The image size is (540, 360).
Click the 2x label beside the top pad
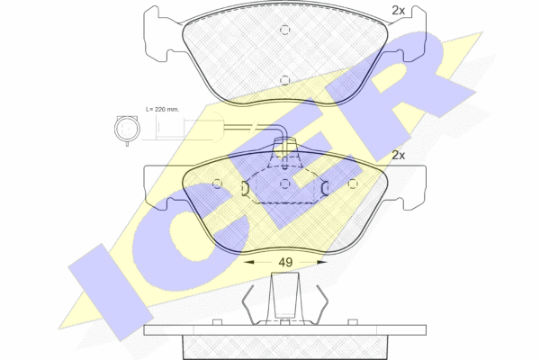click(398, 11)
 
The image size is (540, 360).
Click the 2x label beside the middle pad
click(398, 156)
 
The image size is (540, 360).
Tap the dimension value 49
click(285, 263)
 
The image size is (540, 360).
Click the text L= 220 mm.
click(163, 110)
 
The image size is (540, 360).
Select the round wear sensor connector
click(127, 130)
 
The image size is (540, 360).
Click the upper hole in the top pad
click(284, 30)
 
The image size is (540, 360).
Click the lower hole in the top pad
click(284, 80)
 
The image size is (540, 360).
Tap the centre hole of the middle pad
click(284, 184)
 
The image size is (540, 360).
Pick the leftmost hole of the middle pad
click(217, 184)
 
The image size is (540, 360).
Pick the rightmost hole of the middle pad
click(352, 184)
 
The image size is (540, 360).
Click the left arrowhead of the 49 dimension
click(248, 263)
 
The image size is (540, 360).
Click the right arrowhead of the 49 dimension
click(321, 263)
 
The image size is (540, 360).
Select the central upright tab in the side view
click(284, 295)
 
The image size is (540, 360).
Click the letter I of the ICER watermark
click(111, 292)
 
